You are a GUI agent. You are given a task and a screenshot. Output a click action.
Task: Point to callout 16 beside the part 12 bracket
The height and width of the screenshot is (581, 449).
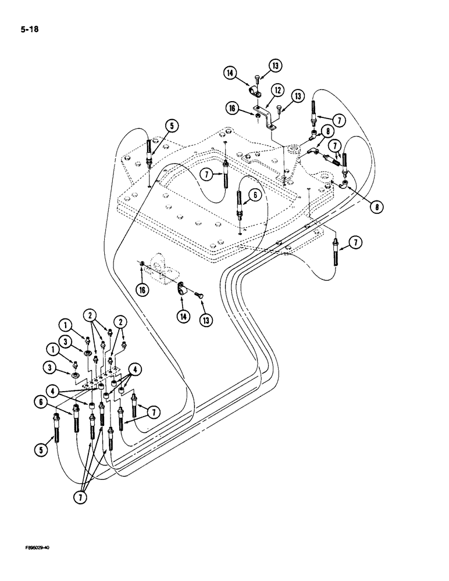[x=233, y=107]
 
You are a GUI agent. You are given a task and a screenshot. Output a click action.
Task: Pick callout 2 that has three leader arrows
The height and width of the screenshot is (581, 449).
[x=90, y=315]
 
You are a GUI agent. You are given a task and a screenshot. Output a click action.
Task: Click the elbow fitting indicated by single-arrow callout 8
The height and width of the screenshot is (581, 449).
[x=345, y=185]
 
